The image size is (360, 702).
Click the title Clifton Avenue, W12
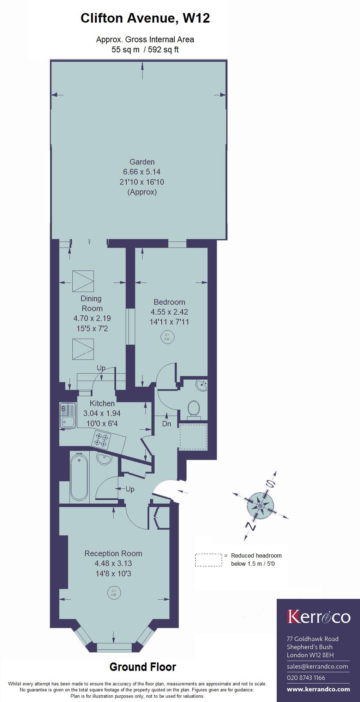145,18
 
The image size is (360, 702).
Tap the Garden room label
142,162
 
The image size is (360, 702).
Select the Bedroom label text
169,302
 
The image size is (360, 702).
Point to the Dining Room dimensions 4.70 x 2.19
92,318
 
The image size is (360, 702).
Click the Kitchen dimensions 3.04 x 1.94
102,413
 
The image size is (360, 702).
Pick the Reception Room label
113,553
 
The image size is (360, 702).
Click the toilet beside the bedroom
193,409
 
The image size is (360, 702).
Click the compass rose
260,506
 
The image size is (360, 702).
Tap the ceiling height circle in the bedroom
167,337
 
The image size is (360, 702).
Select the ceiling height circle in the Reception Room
114,593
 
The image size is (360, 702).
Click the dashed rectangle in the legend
208,560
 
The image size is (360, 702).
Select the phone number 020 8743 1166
306,678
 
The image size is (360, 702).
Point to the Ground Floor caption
143,667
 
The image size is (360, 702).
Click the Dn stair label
167,424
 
